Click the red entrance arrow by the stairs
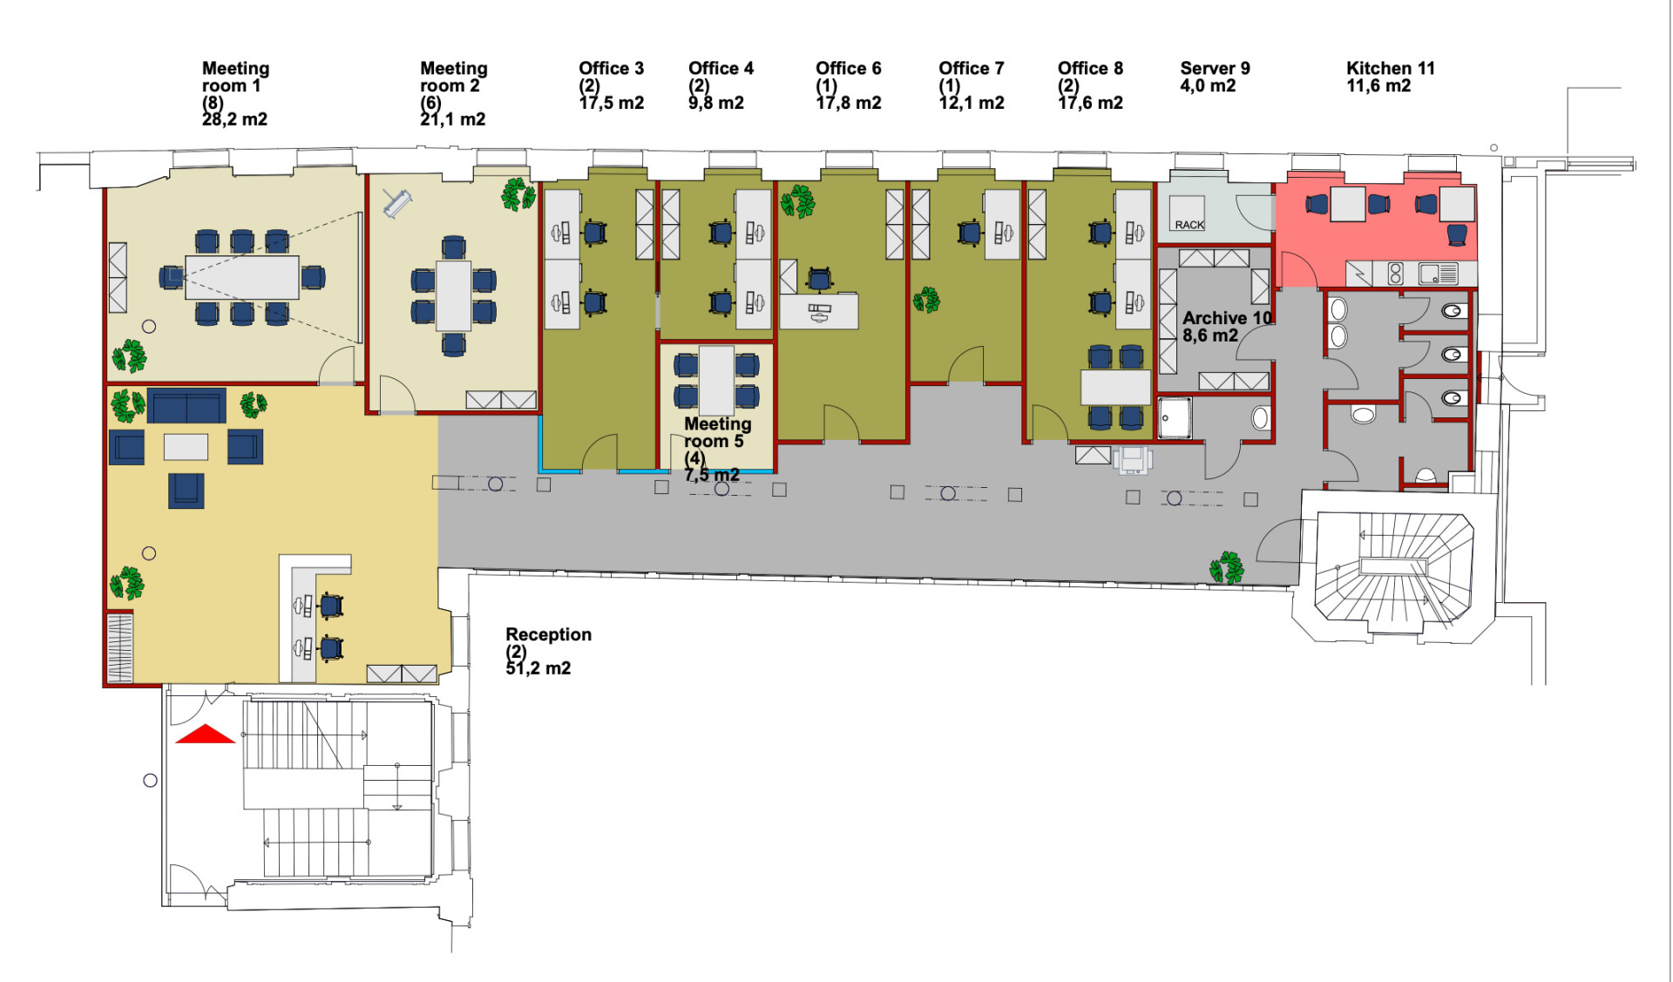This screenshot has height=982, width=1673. (x=206, y=735)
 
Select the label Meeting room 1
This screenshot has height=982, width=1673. (x=235, y=77)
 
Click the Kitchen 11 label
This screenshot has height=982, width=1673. (x=1390, y=68)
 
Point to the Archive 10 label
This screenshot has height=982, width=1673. (x=1227, y=318)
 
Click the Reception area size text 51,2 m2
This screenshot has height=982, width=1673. (x=538, y=668)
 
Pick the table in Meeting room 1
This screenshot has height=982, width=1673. (x=242, y=277)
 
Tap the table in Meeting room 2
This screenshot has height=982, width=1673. (x=453, y=295)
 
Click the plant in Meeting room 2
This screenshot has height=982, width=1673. (x=518, y=194)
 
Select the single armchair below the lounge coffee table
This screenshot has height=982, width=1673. (x=186, y=491)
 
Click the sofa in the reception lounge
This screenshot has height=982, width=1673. (x=186, y=405)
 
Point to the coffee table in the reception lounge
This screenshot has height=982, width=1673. (x=186, y=447)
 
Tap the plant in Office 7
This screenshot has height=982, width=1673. (x=926, y=301)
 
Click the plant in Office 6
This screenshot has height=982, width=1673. (x=797, y=201)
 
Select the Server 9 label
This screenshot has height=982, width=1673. (x=1215, y=68)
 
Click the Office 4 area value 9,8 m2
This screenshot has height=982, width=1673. (x=715, y=103)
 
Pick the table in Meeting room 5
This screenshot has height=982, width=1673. (x=716, y=381)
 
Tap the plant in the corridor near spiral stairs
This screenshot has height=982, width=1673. (x=1227, y=568)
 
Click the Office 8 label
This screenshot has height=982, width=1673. (x=1090, y=68)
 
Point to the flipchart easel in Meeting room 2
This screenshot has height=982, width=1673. (x=396, y=203)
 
